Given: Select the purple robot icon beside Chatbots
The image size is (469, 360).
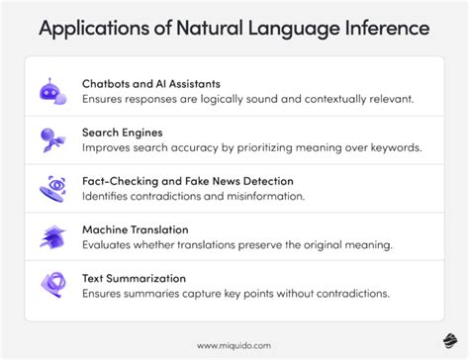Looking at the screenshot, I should click(52, 91).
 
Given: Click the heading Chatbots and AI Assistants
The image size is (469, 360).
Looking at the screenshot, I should click(150, 83).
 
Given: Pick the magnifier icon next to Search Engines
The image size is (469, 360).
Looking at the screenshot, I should click(52, 139).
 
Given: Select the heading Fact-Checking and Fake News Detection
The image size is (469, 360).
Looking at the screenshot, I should click(189, 180).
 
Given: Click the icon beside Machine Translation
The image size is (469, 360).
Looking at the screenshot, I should click(52, 236).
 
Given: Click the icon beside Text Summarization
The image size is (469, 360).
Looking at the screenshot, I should click(52, 285).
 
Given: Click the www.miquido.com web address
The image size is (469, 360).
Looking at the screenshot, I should click(234, 345).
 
